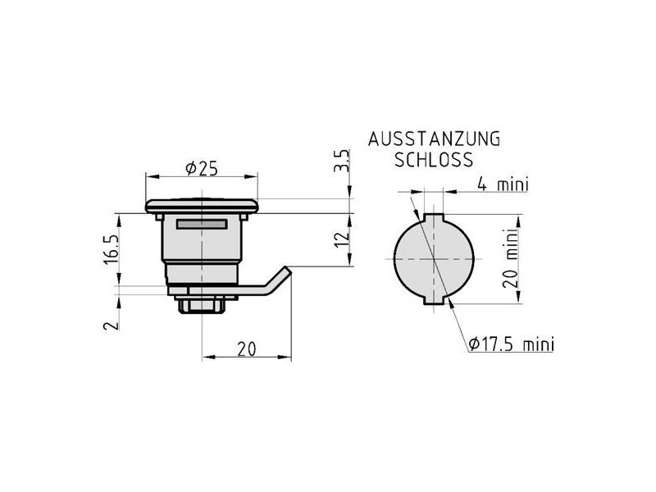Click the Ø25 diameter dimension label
pos(202,169)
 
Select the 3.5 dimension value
pos(341,161)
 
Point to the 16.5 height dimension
pos(112,249)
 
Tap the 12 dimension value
pos(343,239)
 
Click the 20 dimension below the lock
pos(247,349)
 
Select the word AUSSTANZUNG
pos(435,139)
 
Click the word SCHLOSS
pos(434,160)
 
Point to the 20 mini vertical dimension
pos(511,258)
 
